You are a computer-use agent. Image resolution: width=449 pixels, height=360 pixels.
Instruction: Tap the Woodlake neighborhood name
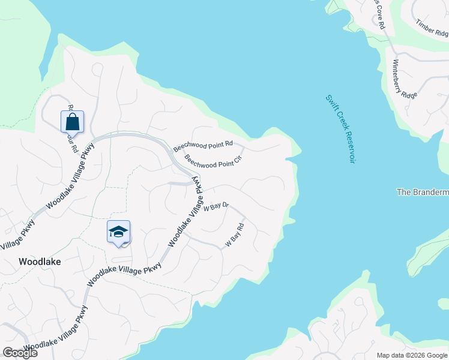40,262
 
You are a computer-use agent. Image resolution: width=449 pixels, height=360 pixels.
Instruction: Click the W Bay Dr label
217,207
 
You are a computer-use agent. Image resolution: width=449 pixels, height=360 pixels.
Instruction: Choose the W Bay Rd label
235,235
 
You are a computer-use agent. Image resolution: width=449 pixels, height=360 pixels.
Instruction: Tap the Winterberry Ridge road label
405,78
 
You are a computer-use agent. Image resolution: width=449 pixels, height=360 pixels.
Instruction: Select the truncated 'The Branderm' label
423,192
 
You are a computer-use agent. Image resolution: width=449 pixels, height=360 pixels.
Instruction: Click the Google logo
20,353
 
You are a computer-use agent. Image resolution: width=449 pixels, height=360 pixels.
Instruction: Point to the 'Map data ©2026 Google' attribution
411,355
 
